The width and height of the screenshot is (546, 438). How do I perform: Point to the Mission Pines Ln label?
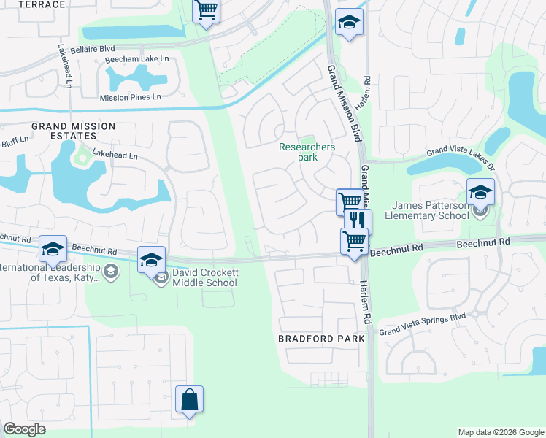131,97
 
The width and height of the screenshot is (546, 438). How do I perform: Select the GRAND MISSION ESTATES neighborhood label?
73,131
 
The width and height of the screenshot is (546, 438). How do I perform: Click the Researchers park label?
307,152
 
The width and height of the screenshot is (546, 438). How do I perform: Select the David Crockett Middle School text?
205,277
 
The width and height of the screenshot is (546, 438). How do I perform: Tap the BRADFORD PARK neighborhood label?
321,339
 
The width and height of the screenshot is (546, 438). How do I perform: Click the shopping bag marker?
189,399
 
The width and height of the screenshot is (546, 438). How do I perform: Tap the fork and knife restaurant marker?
358,220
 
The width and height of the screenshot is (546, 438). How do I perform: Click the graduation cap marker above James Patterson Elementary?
480,192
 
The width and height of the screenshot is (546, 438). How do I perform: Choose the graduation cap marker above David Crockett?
151,260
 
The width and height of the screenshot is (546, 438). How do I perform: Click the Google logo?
24,429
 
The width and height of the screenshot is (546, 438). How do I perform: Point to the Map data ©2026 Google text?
500,432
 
